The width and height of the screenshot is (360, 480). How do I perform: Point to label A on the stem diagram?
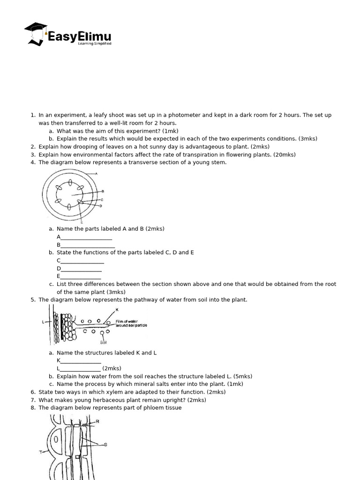(96, 173)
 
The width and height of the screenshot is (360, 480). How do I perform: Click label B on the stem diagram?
(103, 191)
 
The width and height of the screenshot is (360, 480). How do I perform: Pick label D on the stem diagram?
(100, 206)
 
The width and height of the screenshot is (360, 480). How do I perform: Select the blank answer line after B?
(88, 245)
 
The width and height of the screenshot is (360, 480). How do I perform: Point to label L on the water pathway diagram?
(43, 322)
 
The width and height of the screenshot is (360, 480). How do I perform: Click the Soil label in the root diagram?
(103, 342)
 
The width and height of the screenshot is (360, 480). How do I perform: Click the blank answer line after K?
(81, 360)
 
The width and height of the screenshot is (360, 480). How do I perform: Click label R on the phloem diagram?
(97, 421)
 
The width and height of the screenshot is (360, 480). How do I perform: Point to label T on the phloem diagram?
(41, 452)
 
